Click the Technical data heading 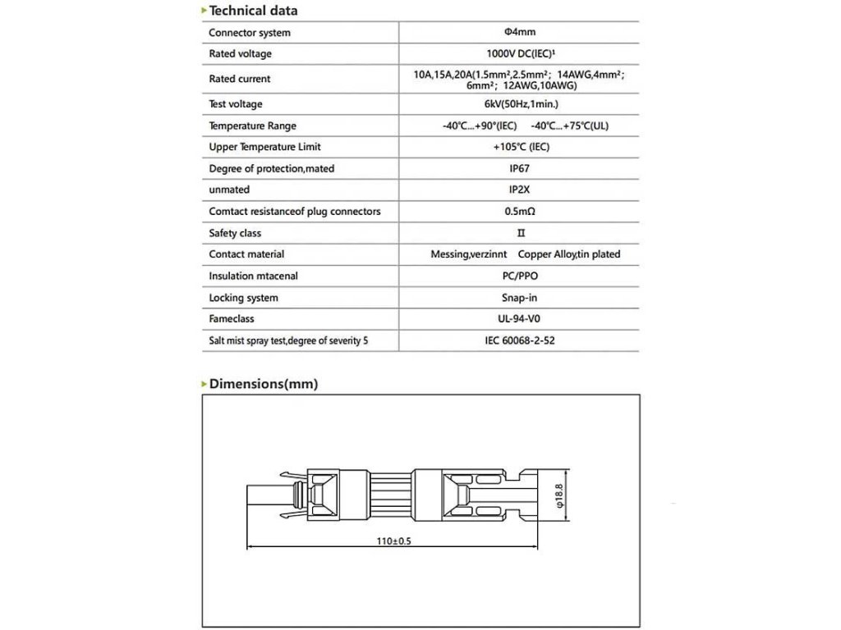[x=253, y=11]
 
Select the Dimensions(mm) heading [x=263, y=383]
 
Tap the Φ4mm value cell [x=519, y=33]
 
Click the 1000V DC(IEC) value [x=519, y=54]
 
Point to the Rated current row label [x=239, y=80]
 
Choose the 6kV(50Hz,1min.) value [x=519, y=105]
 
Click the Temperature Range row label [x=252, y=126]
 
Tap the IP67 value [x=519, y=169]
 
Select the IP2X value [x=519, y=190]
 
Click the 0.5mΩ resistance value [x=519, y=212]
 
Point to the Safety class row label [x=235, y=234]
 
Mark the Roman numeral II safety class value [x=519, y=234]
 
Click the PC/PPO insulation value [x=519, y=276]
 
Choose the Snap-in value [x=519, y=298]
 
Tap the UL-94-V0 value [x=519, y=319]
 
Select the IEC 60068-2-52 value [x=519, y=340]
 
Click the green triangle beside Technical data [x=204, y=11]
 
